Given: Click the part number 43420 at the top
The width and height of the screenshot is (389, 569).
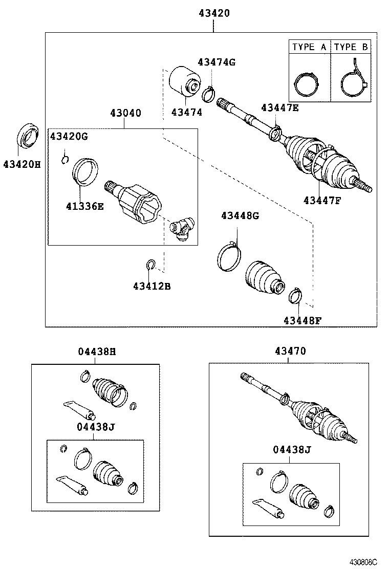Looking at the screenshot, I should pyautogui.click(x=214, y=14).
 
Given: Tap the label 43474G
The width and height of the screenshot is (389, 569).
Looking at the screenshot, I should pyautogui.click(x=217, y=62).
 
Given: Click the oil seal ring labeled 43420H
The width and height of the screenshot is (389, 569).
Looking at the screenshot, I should pyautogui.click(x=28, y=135).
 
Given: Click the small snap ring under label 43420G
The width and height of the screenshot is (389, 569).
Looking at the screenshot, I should pyautogui.click(x=64, y=160).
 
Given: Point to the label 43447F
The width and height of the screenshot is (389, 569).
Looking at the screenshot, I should pyautogui.click(x=321, y=200).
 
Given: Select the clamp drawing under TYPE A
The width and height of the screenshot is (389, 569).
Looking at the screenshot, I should pyautogui.click(x=306, y=82).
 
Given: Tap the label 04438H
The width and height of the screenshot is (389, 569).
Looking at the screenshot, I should pyautogui.click(x=97, y=352).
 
